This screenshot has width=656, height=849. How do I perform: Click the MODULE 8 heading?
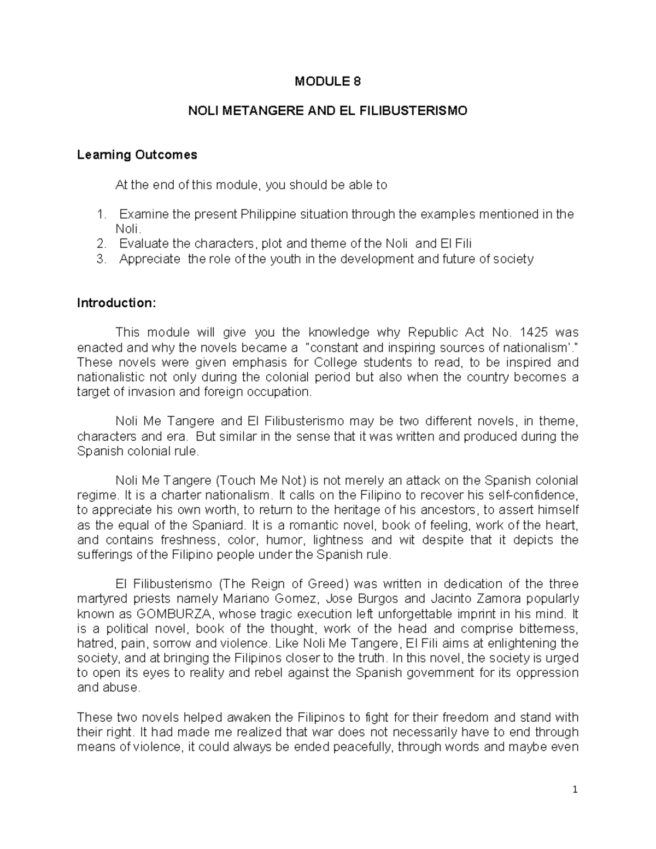327,82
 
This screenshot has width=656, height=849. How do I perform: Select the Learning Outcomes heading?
137,155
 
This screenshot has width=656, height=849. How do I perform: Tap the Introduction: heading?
116,303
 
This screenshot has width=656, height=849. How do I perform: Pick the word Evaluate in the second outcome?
144,244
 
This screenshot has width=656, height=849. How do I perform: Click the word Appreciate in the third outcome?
149,259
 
